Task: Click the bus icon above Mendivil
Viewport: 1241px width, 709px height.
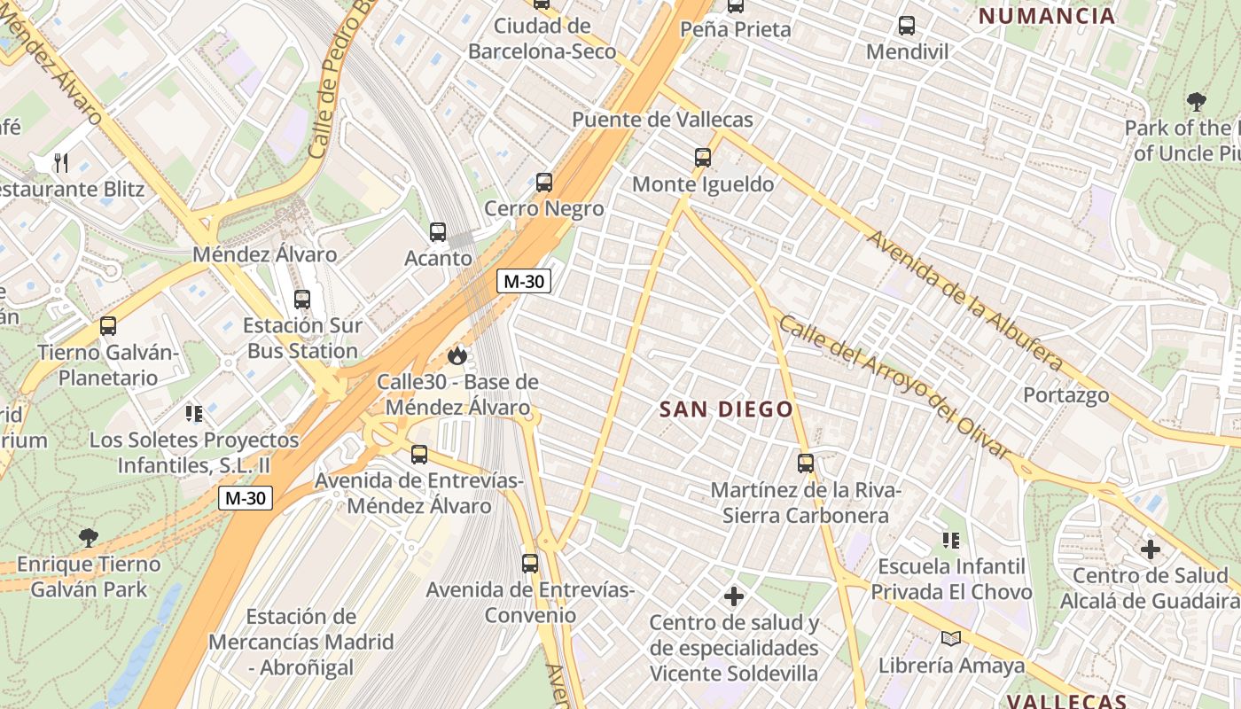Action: coord(906,26)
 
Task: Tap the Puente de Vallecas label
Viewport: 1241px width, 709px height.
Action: coord(662,120)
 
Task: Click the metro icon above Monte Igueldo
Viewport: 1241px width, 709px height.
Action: coord(702,158)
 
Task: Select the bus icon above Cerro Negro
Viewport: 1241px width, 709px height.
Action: coord(543,183)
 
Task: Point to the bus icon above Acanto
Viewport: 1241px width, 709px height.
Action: coord(438,232)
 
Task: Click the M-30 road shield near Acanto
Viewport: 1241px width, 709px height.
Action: coord(524,282)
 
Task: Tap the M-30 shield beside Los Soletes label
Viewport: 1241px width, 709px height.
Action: coord(246,498)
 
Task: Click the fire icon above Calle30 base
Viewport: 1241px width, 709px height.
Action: coord(457,355)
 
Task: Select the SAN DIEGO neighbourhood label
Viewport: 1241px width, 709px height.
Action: coord(726,409)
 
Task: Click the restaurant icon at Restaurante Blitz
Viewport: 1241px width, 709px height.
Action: coord(61,162)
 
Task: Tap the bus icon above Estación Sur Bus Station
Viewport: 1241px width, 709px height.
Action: coord(302,299)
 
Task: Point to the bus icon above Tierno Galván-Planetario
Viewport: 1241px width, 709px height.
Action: coord(108,325)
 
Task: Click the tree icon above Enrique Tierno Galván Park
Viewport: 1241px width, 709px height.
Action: coord(88,537)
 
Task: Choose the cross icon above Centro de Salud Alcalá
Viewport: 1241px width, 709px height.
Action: coord(1150,549)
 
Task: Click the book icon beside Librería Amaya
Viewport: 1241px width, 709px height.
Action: coord(951,638)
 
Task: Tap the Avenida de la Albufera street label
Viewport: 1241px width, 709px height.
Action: coord(964,300)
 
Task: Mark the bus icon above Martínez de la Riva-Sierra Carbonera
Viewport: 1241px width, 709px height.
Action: coord(805,463)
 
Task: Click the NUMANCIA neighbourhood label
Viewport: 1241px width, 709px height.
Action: coord(1046,16)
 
